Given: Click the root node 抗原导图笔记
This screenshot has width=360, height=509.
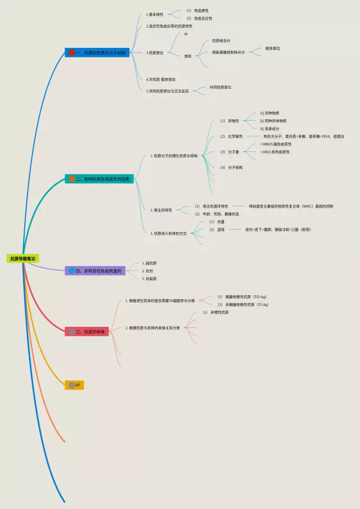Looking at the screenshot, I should click(x=22, y=259).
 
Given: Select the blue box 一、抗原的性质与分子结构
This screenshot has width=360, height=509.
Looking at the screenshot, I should click(x=98, y=52).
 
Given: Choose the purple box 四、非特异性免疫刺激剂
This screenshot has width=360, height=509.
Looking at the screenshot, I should click(x=95, y=271).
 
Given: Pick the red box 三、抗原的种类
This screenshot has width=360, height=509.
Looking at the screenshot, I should click(x=87, y=332).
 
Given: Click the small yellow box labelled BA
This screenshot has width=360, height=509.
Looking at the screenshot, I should click(x=75, y=385).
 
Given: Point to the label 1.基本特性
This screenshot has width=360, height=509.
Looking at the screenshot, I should click(x=155, y=14).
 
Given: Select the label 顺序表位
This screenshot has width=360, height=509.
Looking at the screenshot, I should click(x=273, y=48).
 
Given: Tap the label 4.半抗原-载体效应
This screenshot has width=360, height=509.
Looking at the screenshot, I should click(x=165, y=79).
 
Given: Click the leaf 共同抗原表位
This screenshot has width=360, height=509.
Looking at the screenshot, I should click(x=220, y=87).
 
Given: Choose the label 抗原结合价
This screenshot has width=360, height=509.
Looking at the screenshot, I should click(x=221, y=40).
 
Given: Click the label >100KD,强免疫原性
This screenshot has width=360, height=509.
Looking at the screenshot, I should click(x=276, y=144).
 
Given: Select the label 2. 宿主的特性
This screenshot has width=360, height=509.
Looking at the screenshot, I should click(x=161, y=210).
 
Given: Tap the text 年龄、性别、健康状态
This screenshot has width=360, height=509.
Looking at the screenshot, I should click(x=220, y=214).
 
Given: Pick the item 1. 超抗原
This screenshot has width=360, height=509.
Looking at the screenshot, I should click(x=149, y=263).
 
